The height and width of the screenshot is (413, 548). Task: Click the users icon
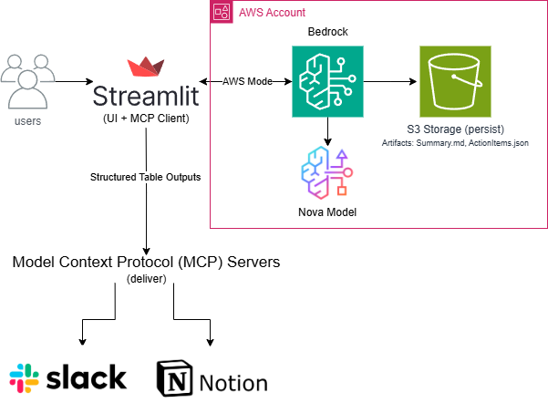(27, 83)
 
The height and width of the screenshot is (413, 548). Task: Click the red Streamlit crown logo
(146, 68)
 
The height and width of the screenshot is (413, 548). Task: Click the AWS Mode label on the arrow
(248, 81)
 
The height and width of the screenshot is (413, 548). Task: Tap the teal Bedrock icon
(326, 82)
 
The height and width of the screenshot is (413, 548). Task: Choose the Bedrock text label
(326, 32)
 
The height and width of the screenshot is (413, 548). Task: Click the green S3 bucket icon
(454, 82)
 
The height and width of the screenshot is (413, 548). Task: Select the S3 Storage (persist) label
(454, 129)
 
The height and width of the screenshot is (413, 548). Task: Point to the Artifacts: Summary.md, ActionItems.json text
(454, 144)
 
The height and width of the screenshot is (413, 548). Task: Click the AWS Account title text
(272, 12)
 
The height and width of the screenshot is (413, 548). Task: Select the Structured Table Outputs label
(146, 176)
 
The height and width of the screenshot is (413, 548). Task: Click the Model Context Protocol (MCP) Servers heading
(146, 262)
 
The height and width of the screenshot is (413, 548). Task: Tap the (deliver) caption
(146, 279)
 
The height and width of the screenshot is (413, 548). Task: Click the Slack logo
(67, 378)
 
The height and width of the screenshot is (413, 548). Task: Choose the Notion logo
(212, 380)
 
